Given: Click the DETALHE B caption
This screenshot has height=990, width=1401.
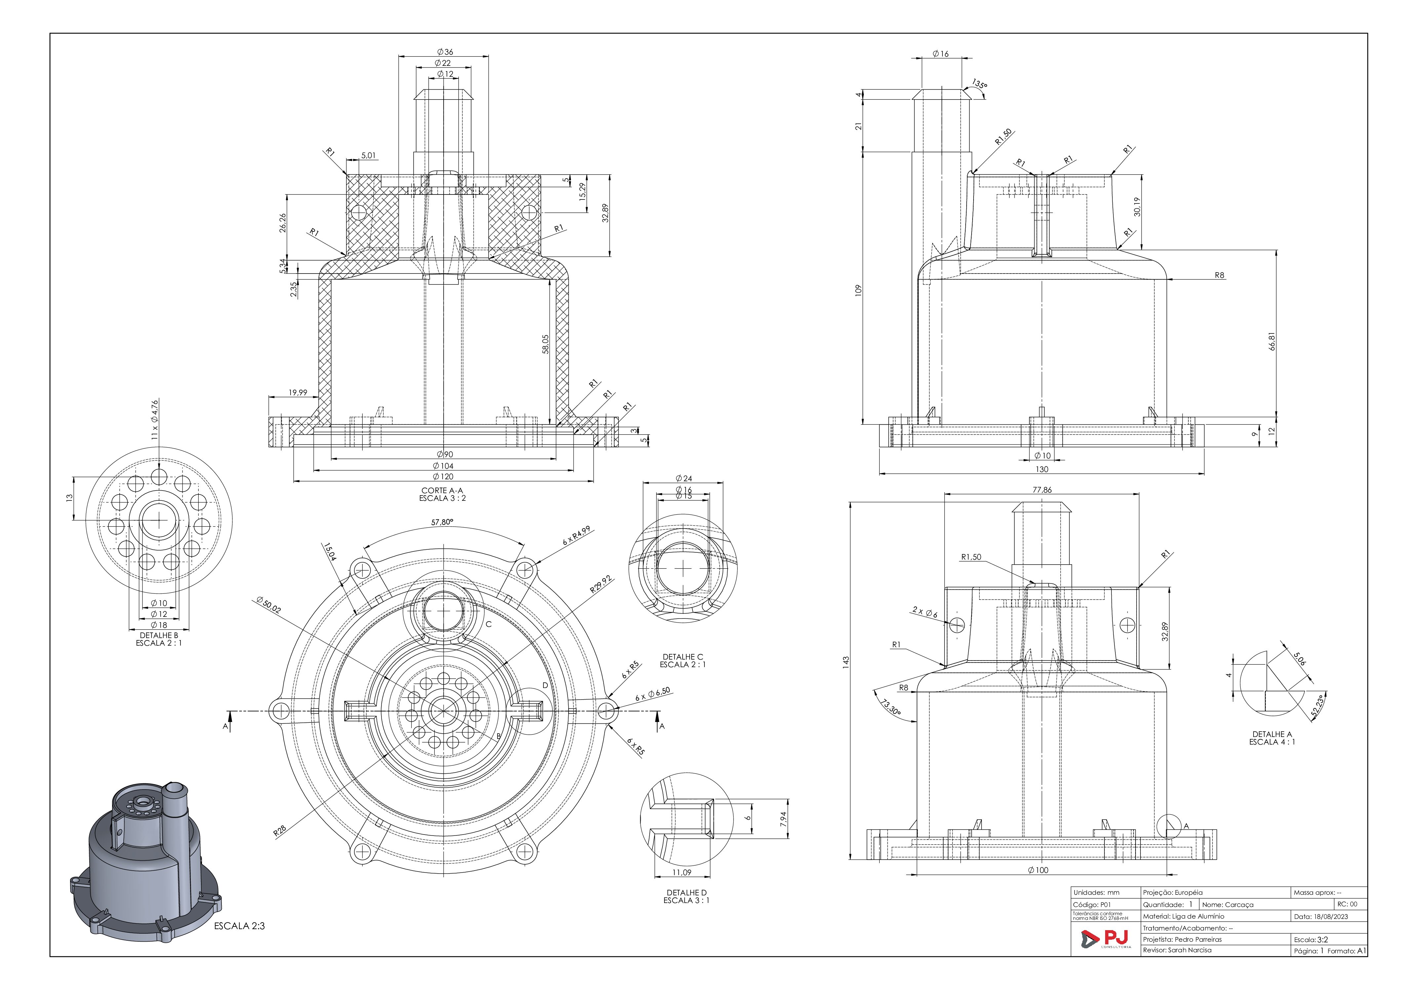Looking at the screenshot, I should pos(159,635).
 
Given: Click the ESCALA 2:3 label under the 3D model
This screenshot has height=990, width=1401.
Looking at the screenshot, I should pos(239,926).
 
